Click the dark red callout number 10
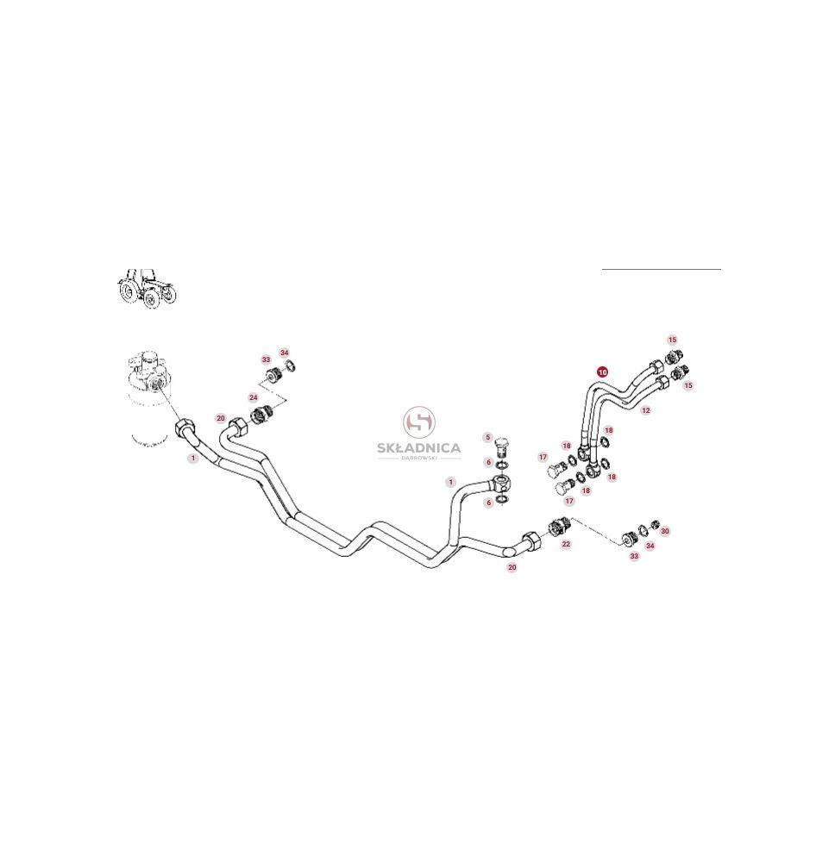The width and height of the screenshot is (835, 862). click(602, 372)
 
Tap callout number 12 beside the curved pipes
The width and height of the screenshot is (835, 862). click(646, 410)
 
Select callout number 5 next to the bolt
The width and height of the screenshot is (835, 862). click(487, 438)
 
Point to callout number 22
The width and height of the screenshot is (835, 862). click(566, 544)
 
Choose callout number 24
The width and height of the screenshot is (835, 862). click(253, 397)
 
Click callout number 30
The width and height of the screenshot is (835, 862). click(665, 531)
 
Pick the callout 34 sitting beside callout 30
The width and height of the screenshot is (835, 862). click(650, 546)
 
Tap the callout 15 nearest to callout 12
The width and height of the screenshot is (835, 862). click(688, 385)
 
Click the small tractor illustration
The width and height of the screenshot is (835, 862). click(147, 289)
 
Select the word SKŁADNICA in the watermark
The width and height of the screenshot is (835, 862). click(419, 448)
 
